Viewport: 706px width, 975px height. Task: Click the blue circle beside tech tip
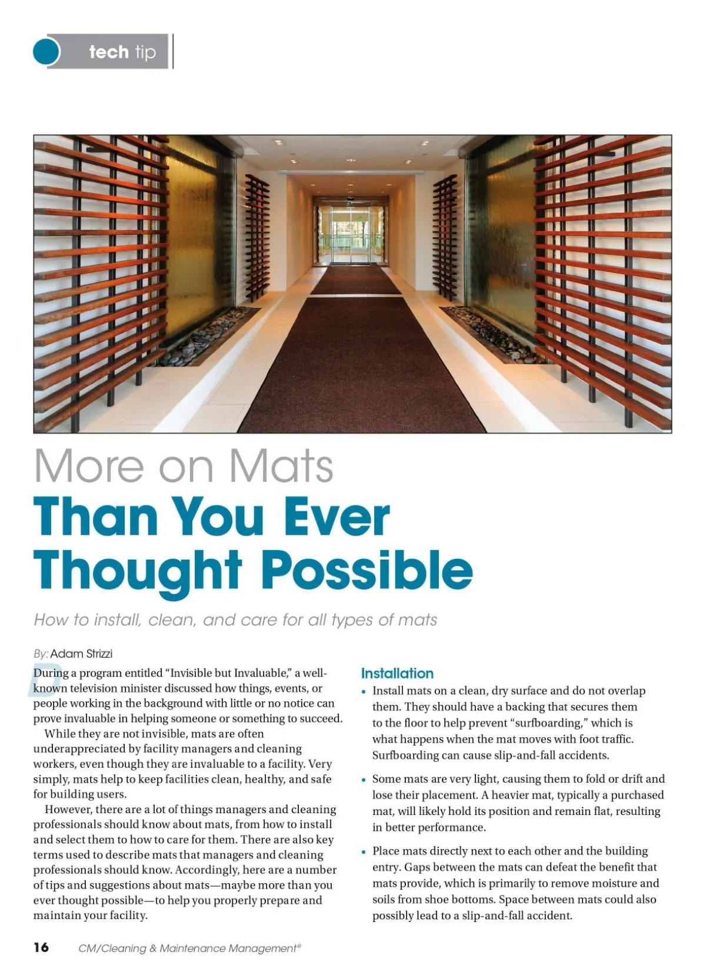[46, 52]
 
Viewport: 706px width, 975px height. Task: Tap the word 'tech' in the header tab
[109, 52]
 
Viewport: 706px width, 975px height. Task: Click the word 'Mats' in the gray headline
[281, 466]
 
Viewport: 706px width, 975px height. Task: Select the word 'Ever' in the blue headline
[337, 517]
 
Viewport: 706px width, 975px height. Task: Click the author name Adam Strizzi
[81, 654]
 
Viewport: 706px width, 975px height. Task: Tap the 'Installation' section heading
[397, 674]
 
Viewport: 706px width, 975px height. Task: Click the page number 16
[41, 947]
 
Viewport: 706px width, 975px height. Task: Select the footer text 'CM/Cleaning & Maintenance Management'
[189, 949]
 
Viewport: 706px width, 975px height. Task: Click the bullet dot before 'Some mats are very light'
[364, 780]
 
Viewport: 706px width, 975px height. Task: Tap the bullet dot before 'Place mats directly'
[364, 853]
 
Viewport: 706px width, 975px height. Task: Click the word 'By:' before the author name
[41, 654]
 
